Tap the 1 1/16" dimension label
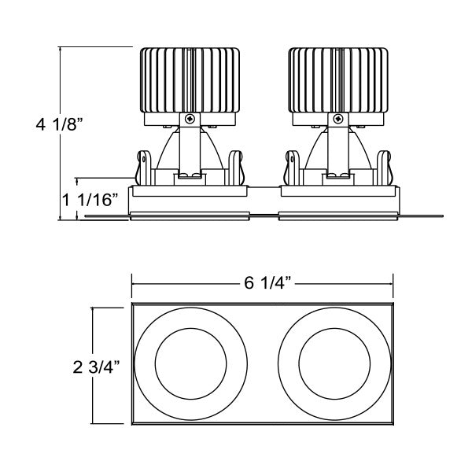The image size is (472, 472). [x=90, y=197]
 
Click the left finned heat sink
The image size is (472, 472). [x=189, y=81]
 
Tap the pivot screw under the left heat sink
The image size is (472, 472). [x=189, y=120]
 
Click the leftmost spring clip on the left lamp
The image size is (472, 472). [x=144, y=168]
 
